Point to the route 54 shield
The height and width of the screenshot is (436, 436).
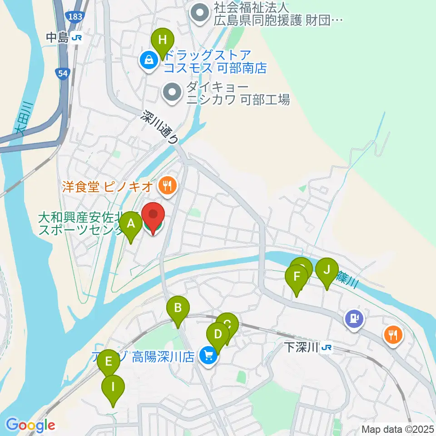(x=64, y=72)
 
